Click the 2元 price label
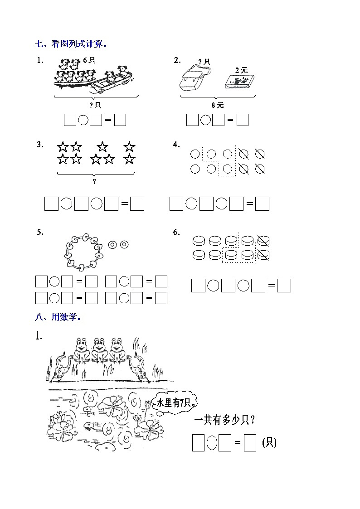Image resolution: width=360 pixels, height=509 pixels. click(241, 70)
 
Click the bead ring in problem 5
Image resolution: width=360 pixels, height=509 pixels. click(83, 251)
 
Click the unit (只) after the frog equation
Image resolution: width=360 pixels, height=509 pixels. click(269, 443)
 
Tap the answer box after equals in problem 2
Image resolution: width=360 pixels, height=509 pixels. click(243, 120)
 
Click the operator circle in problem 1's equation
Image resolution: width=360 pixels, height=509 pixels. click(83, 120)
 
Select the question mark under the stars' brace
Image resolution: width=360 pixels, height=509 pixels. click(94, 181)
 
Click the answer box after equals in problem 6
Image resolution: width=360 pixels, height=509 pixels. click(284, 286)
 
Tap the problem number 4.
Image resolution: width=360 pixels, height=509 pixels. click(176, 145)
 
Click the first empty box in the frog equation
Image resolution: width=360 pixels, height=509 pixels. click(198, 443)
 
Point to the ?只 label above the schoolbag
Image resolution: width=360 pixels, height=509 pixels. click(204, 62)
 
